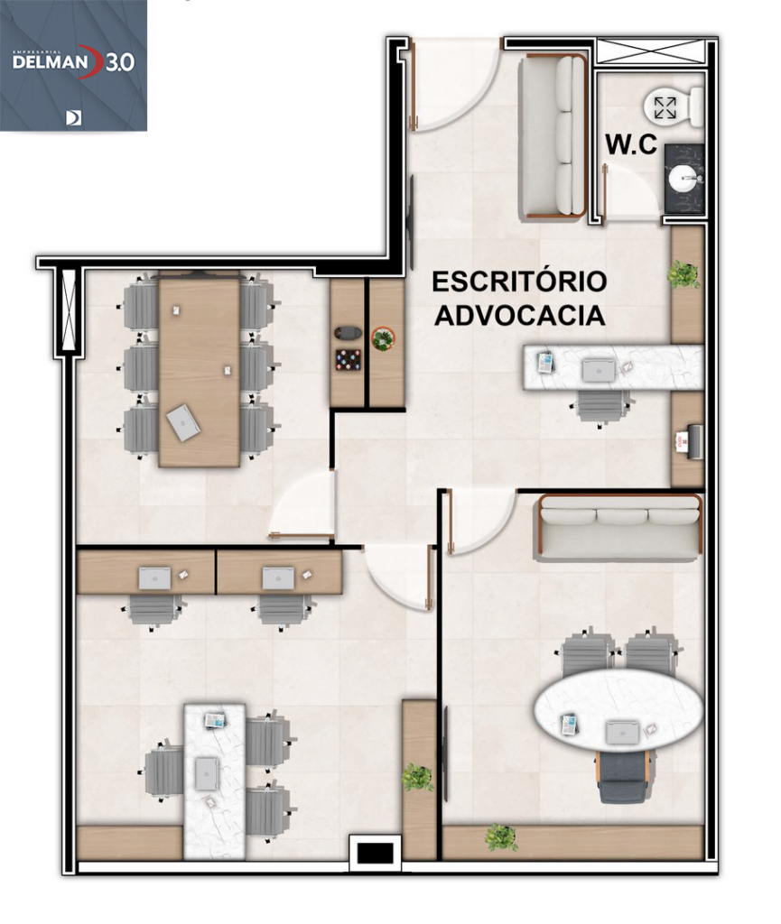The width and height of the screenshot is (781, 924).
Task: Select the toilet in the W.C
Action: tap(672, 107)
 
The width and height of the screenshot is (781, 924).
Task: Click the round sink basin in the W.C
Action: tap(683, 179)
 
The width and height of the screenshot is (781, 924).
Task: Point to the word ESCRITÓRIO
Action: tap(518, 282)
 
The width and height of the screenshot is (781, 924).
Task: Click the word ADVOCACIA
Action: tap(520, 316)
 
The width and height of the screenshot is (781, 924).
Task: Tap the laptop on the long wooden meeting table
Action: tap(183, 422)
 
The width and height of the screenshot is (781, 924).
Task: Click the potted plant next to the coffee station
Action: tap(384, 338)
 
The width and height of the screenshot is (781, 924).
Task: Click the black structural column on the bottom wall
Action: tap(374, 853)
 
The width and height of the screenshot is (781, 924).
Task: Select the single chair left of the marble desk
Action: tap(164, 772)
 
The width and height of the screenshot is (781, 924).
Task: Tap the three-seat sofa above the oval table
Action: tap(620, 527)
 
